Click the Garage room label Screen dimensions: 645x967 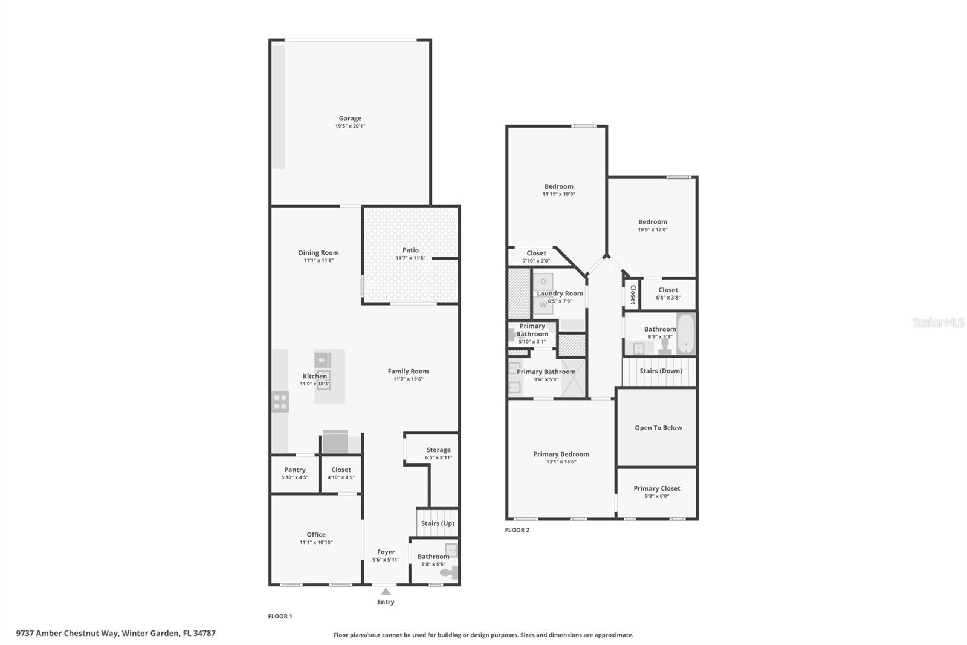(x=350, y=119)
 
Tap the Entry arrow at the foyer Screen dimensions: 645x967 (x=386, y=591)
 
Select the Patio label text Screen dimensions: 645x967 (x=410, y=250)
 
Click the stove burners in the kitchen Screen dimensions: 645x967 (x=280, y=402)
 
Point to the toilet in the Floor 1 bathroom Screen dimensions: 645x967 (x=448, y=572)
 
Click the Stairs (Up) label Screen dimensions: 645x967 (x=438, y=523)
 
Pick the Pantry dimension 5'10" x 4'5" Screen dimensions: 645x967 (x=294, y=477)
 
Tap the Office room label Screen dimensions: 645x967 (x=316, y=534)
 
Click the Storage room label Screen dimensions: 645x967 (x=438, y=450)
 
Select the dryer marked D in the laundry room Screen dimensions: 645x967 (x=543, y=282)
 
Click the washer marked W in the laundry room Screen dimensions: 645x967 (x=543, y=305)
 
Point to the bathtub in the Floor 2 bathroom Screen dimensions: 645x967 (x=687, y=333)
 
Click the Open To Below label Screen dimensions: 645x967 (x=658, y=428)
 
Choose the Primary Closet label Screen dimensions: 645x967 (x=657, y=488)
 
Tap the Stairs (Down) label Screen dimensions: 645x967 (x=661, y=371)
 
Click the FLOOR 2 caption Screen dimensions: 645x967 (x=517, y=530)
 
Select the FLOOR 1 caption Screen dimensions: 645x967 (x=280, y=616)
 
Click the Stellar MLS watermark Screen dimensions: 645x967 (x=938, y=322)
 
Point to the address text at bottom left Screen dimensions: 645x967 (x=115, y=634)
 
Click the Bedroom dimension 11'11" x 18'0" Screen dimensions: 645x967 (x=558, y=194)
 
